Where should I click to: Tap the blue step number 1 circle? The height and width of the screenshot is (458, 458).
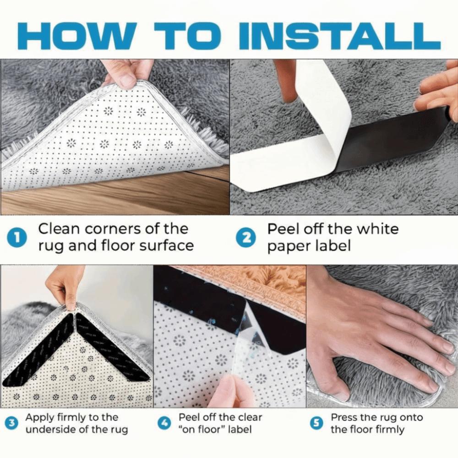pyautogui.click(x=17, y=237)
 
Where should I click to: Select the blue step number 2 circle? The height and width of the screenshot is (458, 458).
pyautogui.click(x=246, y=237)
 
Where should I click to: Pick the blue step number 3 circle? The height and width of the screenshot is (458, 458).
pyautogui.click(x=14, y=424)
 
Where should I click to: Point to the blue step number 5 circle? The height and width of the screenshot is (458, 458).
pyautogui.click(x=316, y=424)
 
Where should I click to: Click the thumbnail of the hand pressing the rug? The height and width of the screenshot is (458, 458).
pyautogui.click(x=382, y=337)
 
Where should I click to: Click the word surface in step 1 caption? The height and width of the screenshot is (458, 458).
pyautogui.click(x=166, y=245)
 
